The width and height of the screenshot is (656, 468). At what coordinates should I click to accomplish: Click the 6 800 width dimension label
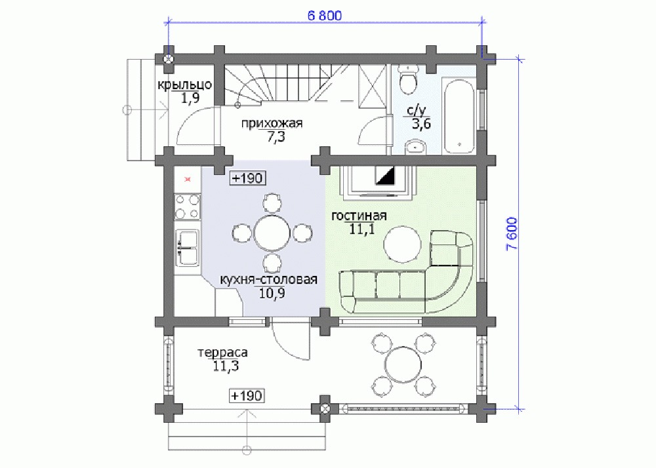coord(324,16)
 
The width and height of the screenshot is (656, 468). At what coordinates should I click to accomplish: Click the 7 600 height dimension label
coord(512,233)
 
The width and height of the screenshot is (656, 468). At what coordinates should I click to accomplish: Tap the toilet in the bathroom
coord(407,79)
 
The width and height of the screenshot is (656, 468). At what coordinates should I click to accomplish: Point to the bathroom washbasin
coord(415,147)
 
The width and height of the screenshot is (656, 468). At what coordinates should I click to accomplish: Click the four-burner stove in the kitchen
coord(187,206)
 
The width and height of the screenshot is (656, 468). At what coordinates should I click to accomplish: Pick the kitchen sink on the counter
coord(186,248)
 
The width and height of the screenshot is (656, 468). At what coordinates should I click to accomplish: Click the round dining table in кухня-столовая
coord(272,233)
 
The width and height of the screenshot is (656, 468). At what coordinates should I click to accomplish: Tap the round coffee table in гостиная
coord(403,245)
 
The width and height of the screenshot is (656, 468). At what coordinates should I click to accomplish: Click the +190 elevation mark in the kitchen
coord(248,178)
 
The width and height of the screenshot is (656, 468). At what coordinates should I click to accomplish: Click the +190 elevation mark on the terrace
coord(247,395)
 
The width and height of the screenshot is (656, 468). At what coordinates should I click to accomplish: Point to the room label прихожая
coord(272,124)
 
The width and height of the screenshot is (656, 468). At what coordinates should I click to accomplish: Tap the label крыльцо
coord(184,85)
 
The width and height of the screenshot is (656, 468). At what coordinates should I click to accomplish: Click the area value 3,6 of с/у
coord(421,124)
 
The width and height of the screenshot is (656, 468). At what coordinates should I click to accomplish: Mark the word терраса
coord(222,353)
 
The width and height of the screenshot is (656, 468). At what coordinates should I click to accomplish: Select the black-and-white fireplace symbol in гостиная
coord(385,176)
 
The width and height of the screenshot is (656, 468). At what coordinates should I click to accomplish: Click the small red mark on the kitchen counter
coord(188,179)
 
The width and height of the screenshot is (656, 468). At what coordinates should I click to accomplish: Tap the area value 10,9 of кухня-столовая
coord(272,294)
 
